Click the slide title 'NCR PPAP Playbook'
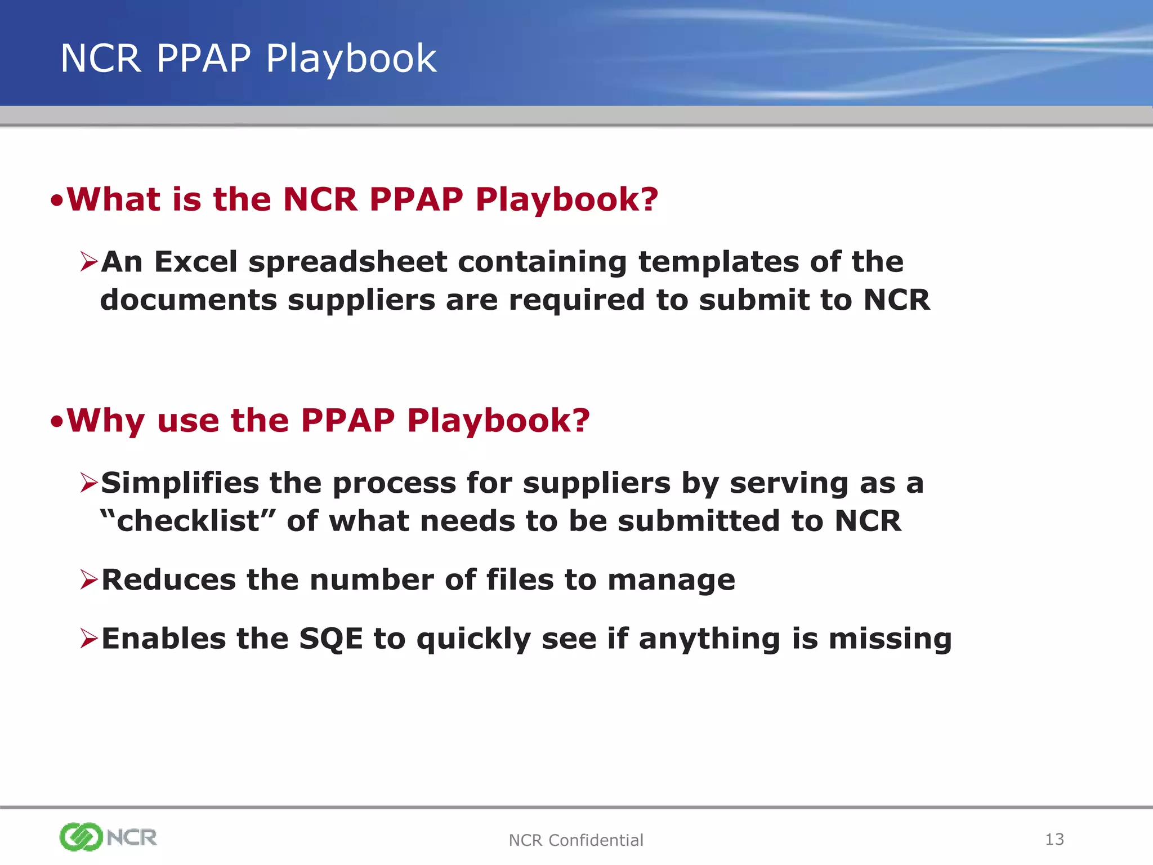pos(248,59)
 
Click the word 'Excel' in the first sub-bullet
pos(196,262)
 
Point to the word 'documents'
pos(188,300)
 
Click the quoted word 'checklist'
pos(187,521)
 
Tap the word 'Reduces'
pos(168,580)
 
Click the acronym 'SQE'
pos(331,639)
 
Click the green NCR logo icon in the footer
pos(81,837)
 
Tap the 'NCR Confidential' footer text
pos(575,840)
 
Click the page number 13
pos(1054,840)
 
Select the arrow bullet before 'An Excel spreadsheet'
pos(89,262)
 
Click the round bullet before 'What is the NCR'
pos(56,201)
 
